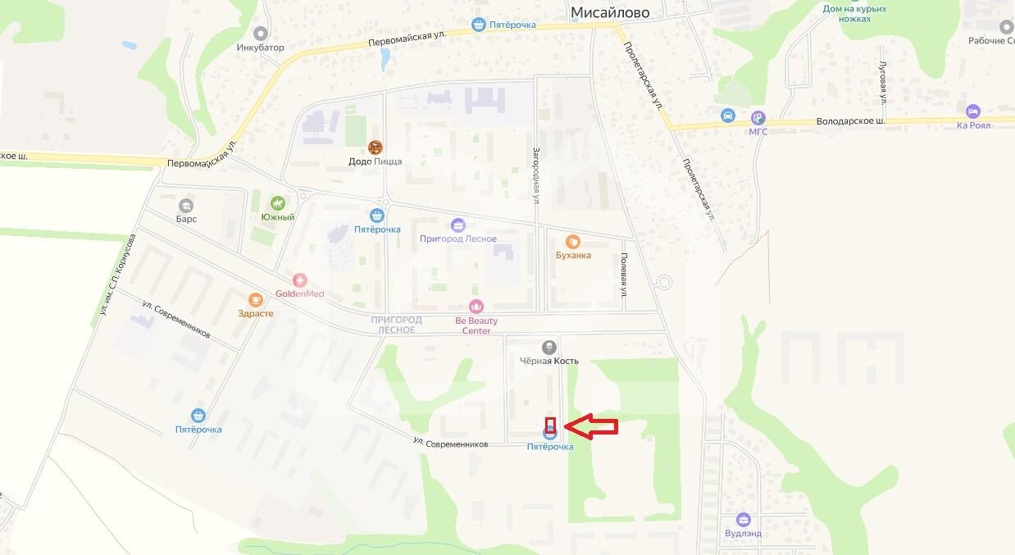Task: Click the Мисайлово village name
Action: tap(609, 11)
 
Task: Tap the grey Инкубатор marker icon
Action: tap(261, 34)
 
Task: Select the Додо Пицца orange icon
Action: tap(376, 148)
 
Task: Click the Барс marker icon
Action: tap(187, 205)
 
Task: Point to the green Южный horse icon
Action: tap(278, 202)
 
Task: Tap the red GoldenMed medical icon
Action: tap(299, 280)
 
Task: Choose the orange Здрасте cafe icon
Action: tap(256, 299)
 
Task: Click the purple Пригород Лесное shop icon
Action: tap(457, 225)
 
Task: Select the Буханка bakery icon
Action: tap(573, 241)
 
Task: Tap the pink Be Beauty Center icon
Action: tap(476, 307)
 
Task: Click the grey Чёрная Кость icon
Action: tap(549, 347)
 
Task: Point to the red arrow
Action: tap(592, 425)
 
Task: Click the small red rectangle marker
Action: tap(551, 425)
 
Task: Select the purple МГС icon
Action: tap(758, 117)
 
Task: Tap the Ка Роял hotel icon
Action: tap(973, 111)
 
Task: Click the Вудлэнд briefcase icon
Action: tap(743, 519)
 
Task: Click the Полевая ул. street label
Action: tap(624, 280)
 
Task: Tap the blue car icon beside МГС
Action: tap(727, 116)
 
